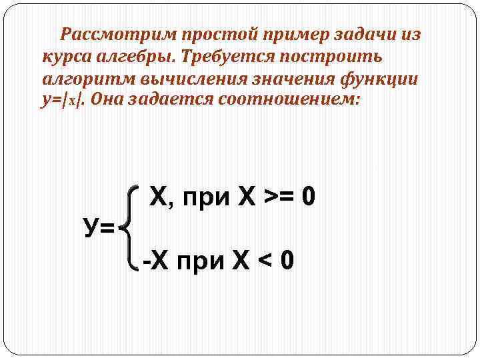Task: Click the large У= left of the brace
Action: (99, 229)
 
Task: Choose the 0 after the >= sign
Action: (307, 198)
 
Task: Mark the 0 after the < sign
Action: (287, 259)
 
